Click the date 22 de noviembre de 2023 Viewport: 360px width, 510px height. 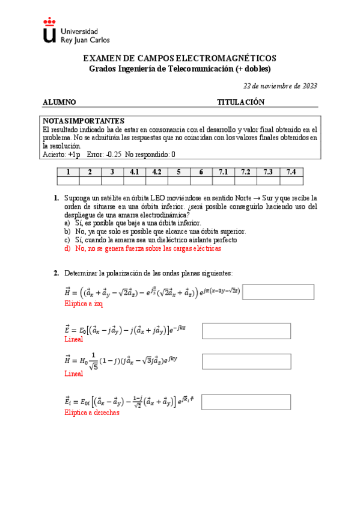pyautogui.click(x=281, y=85)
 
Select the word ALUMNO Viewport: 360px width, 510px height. pyautogui.click(x=59, y=102)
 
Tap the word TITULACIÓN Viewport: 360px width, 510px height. pyautogui.click(x=240, y=102)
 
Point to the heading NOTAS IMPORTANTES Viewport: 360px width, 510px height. pyautogui.click(x=84, y=121)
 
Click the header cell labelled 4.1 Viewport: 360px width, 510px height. pyautogui.click(x=135, y=172)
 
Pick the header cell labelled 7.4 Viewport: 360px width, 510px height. pyautogui.click(x=291, y=172)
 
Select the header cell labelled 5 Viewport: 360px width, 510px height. pyautogui.click(x=179, y=172)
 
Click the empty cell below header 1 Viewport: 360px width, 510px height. pyautogui.click(x=68, y=180)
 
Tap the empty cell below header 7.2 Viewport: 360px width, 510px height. pyautogui.click(x=246, y=180)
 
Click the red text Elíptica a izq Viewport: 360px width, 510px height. pyautogui.click(x=84, y=304)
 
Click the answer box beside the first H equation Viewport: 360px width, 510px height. pyautogui.click(x=278, y=292)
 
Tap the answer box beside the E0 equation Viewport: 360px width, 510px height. pyautogui.click(x=239, y=331)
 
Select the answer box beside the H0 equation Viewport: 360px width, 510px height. pyautogui.click(x=239, y=361)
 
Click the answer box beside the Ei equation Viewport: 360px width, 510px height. pyautogui.click(x=239, y=401)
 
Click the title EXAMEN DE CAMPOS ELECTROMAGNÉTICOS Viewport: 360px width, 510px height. pyautogui.click(x=180, y=58)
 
